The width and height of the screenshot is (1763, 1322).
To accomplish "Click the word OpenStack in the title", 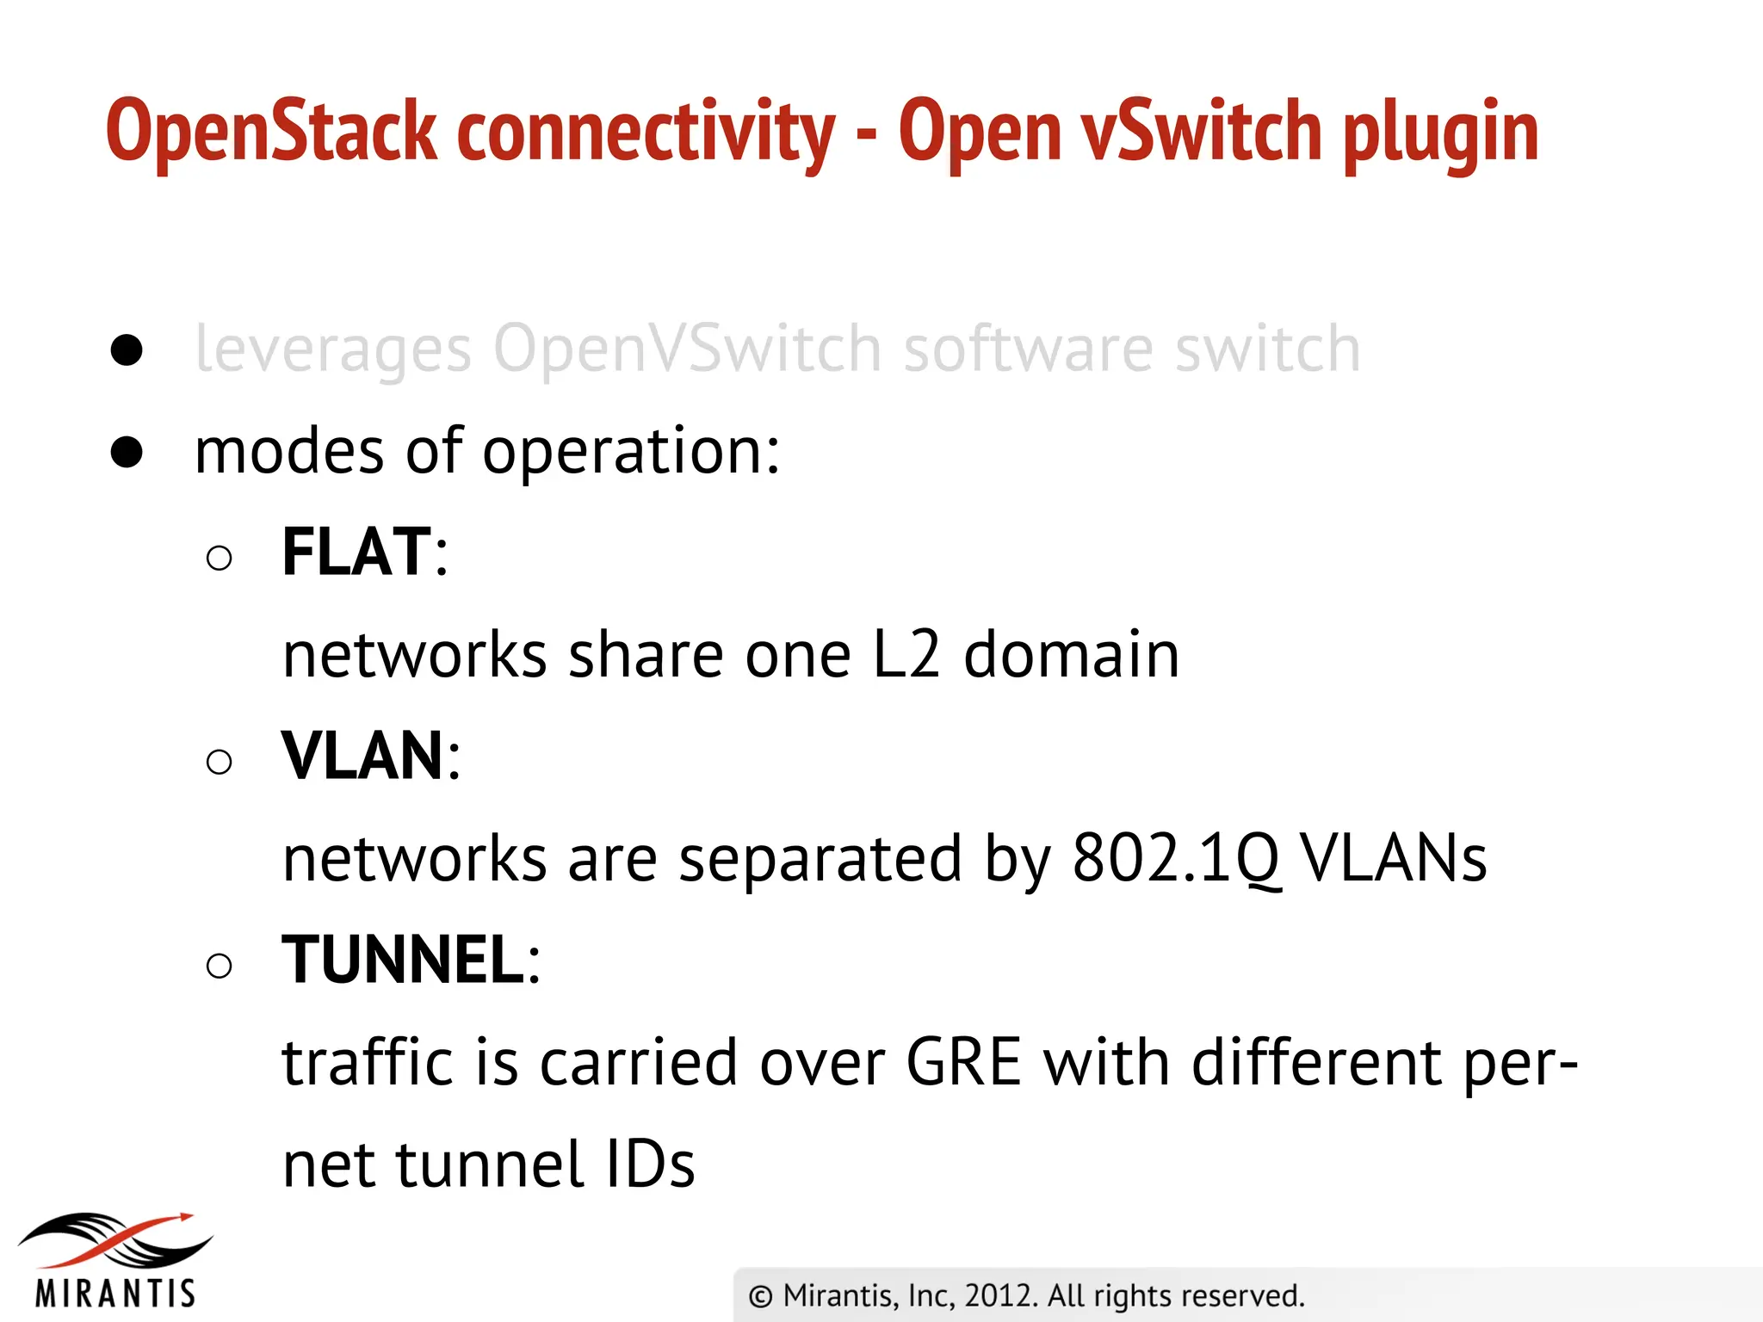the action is [271, 131].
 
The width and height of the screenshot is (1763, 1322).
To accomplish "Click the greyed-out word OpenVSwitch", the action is [687, 349].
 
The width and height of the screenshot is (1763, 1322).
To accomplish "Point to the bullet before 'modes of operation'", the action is [127, 452].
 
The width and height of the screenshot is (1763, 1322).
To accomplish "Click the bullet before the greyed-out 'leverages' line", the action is [127, 350].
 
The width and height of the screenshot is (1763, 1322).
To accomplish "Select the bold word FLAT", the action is [356, 552].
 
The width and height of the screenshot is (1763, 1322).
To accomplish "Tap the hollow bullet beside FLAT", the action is [220, 559].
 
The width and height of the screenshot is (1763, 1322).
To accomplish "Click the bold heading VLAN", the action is [362, 756].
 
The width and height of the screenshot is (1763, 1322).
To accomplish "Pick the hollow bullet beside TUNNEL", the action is [220, 966].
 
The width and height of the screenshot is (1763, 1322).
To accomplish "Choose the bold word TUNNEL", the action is [403, 960].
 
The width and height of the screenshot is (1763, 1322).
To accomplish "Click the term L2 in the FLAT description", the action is [906, 655].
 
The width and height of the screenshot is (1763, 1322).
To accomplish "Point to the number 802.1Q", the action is [1176, 859].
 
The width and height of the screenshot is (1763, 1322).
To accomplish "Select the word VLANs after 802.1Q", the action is [1394, 859].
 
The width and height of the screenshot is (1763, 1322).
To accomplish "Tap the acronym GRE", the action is [963, 1062].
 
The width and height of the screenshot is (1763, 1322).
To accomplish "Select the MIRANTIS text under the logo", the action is [115, 1294].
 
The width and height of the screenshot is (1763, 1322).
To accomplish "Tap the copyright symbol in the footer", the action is [760, 1296].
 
